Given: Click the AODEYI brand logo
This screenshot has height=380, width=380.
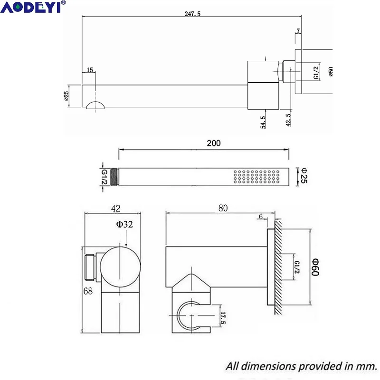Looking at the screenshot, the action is [x=33, y=7].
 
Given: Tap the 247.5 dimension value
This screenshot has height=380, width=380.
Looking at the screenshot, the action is [x=192, y=14].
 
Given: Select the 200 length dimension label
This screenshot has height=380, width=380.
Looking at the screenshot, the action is [x=213, y=143].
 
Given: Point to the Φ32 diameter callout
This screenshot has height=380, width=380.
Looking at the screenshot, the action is [x=124, y=224].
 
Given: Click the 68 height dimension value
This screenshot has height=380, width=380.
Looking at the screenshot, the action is [x=88, y=291].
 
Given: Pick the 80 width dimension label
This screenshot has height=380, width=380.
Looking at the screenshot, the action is [x=223, y=208].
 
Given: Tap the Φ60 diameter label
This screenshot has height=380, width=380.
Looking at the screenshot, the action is [x=315, y=267].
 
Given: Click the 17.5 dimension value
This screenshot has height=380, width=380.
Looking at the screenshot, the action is [x=223, y=318].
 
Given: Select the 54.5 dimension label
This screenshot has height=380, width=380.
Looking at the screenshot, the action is [x=263, y=122].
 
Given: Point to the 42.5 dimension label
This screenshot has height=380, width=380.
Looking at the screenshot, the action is [x=288, y=120].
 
